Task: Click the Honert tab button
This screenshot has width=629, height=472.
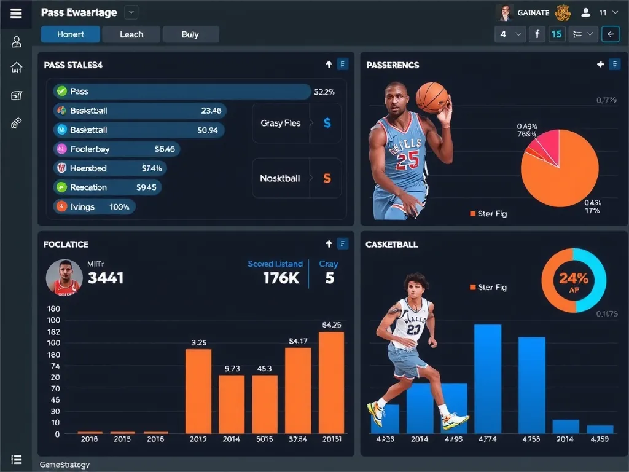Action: (70, 34)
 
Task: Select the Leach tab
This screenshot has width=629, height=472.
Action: (131, 34)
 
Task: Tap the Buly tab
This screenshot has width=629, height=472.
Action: (190, 34)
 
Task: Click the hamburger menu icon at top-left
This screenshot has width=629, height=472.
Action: (16, 14)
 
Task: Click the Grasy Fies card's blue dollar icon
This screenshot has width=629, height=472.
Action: (327, 123)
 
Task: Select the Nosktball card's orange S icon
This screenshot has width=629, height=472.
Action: (327, 178)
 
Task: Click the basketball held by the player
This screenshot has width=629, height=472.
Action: (432, 97)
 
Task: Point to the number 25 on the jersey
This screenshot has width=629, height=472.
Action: (407, 161)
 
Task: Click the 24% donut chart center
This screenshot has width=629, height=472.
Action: (574, 280)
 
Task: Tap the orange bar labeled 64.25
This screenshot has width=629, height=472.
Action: (331, 382)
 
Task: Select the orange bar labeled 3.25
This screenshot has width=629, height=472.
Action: (198, 391)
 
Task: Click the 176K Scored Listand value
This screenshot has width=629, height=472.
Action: (281, 278)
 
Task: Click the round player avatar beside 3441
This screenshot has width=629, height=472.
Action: (64, 277)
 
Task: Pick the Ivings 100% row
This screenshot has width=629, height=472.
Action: (94, 206)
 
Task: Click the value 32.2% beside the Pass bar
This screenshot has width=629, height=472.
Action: (324, 92)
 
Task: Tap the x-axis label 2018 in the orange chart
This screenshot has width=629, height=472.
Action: (90, 439)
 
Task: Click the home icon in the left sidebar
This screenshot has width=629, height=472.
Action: (17, 68)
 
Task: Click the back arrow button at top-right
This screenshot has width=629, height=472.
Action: (610, 34)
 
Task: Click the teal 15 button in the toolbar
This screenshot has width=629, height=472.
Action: (557, 34)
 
